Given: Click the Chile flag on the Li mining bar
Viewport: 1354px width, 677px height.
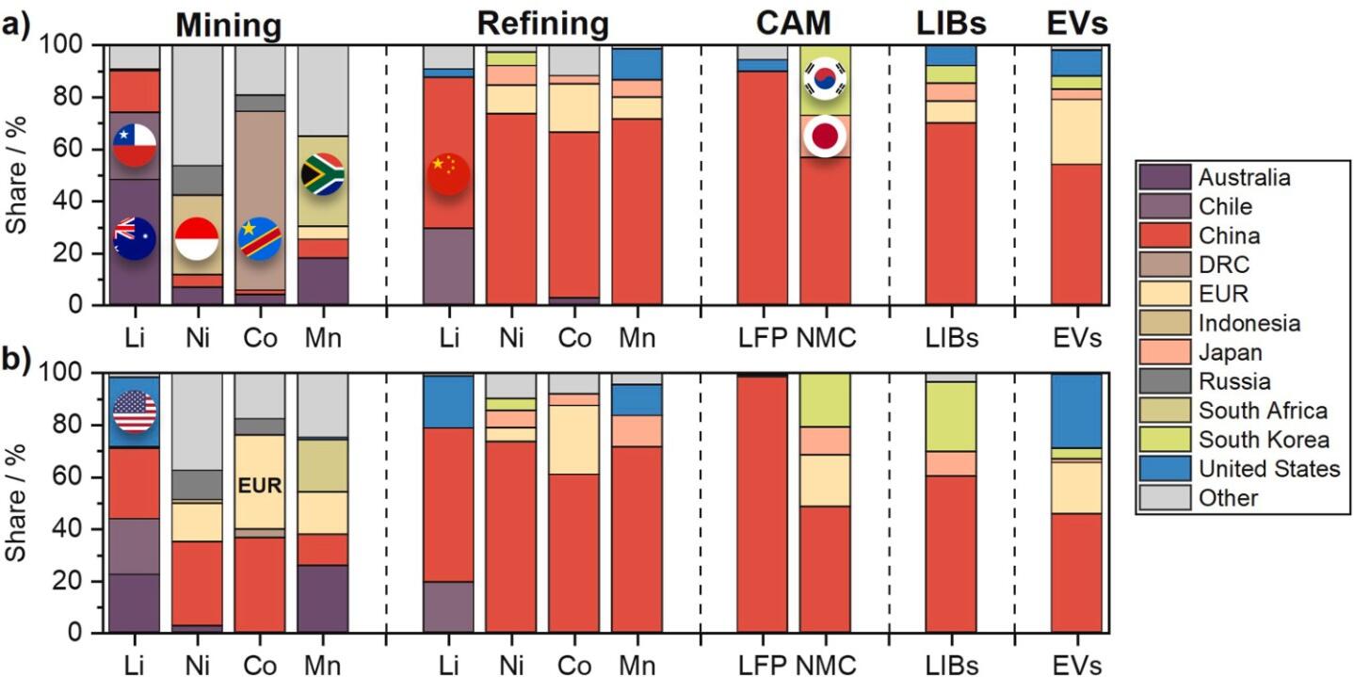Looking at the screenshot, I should tap(134, 145).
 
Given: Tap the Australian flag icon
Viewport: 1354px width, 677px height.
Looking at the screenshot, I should tap(134, 237).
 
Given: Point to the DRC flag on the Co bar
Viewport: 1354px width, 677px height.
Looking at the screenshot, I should tap(259, 237).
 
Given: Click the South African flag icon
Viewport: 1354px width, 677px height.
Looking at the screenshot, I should tap(322, 174).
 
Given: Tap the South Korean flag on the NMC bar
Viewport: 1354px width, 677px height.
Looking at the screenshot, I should tap(825, 81).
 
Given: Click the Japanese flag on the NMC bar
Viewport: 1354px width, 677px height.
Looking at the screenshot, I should tap(825, 137).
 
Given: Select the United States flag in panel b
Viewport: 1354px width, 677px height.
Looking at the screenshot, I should tap(134, 411).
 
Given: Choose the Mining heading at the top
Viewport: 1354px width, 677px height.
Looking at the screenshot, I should tap(229, 24).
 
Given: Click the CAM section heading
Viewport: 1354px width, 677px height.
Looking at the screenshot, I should tap(793, 23).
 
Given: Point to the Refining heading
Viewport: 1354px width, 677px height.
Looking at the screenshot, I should tap(542, 23).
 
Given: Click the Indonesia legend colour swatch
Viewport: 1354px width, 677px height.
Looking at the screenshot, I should tap(1166, 323).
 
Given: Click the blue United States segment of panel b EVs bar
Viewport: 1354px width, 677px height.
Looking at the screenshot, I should tap(1076, 411).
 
